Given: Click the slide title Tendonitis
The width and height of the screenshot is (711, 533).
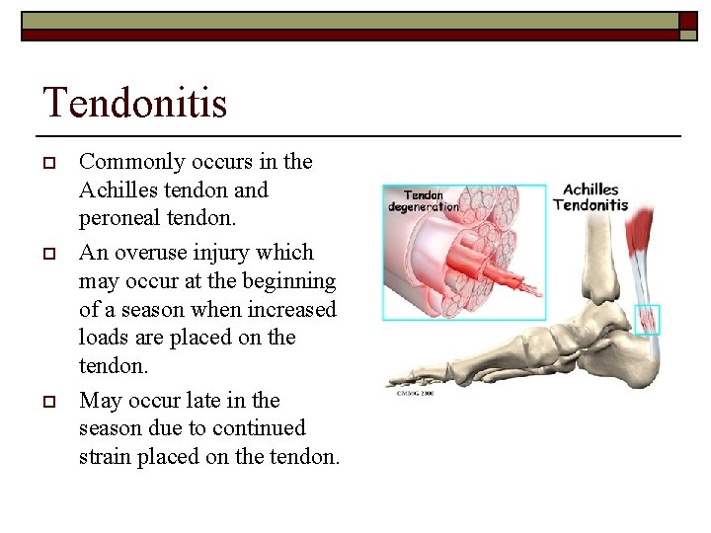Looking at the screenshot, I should [x=134, y=103].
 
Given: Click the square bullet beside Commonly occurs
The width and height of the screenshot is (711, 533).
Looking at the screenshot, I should [x=47, y=163].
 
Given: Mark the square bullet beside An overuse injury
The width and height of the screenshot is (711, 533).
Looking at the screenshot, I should [x=47, y=254].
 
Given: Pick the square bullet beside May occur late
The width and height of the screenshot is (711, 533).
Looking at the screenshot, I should [x=47, y=402].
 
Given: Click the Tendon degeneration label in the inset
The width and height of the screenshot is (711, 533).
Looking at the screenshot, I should [x=423, y=200].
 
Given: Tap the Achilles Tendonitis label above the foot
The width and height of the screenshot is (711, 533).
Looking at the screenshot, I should [x=591, y=197].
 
